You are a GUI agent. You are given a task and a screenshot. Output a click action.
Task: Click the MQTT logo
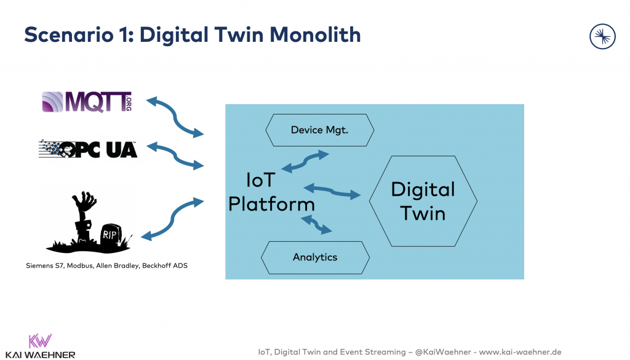(86, 102)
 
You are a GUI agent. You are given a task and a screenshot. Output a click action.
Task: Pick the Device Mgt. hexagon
(319, 130)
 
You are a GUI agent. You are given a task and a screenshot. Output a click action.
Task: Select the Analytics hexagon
(315, 257)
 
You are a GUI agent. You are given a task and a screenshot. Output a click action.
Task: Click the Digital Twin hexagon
(423, 201)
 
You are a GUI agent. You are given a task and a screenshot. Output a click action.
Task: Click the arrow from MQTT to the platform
(175, 116)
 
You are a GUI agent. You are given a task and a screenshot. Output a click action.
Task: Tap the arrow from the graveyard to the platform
(172, 218)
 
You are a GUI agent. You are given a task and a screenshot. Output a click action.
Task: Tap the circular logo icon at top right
(602, 37)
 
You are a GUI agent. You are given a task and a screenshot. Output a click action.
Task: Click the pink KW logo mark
(40, 341)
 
